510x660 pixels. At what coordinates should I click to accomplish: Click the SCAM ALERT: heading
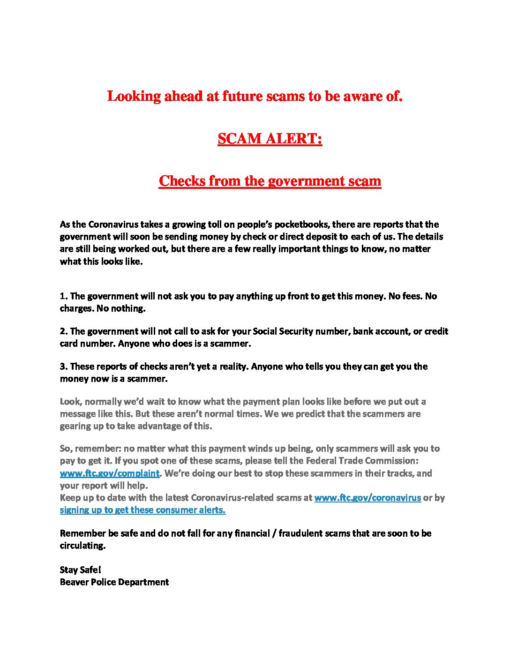pyautogui.click(x=270, y=139)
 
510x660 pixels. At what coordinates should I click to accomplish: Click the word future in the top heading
pyautogui.click(x=242, y=96)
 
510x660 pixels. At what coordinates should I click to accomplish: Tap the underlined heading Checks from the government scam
pyautogui.click(x=270, y=181)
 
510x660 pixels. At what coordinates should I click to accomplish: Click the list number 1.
pyautogui.click(x=63, y=296)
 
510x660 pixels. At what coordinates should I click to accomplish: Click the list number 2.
pyautogui.click(x=63, y=331)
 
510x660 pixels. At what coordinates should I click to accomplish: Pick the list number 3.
pyautogui.click(x=63, y=367)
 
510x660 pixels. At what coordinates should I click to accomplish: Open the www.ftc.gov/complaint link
pyautogui.click(x=110, y=473)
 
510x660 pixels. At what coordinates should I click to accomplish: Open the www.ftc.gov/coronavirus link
pyautogui.click(x=367, y=498)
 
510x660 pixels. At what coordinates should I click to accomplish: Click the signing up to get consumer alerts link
pyautogui.click(x=142, y=510)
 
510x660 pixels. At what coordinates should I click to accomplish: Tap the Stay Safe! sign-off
pyautogui.click(x=80, y=570)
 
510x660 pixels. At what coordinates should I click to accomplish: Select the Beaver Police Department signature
pyautogui.click(x=114, y=582)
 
